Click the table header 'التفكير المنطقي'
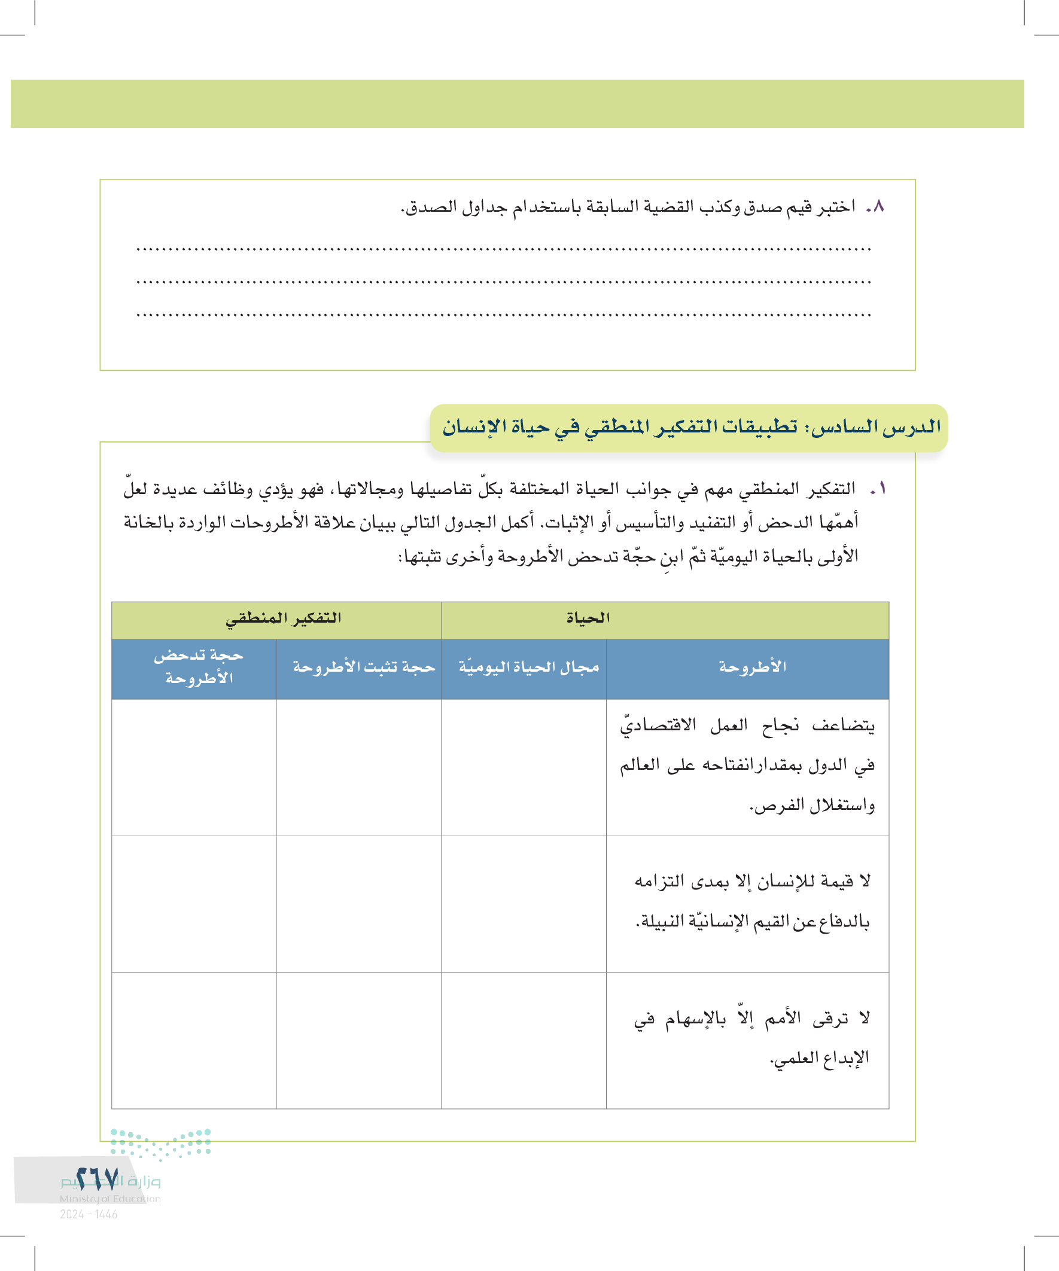pos(284,618)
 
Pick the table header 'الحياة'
pos(588,618)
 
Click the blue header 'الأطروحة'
pos(753,667)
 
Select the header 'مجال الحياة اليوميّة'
pos(528,667)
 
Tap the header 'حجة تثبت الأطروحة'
pos(364,667)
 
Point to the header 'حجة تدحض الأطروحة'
pos(199,667)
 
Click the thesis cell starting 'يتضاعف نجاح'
pos(748,765)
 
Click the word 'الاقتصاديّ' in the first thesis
pos(658,725)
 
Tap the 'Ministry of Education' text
pos(110,1199)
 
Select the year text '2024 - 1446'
pos(89,1214)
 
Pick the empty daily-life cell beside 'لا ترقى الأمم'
pos(524,1040)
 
